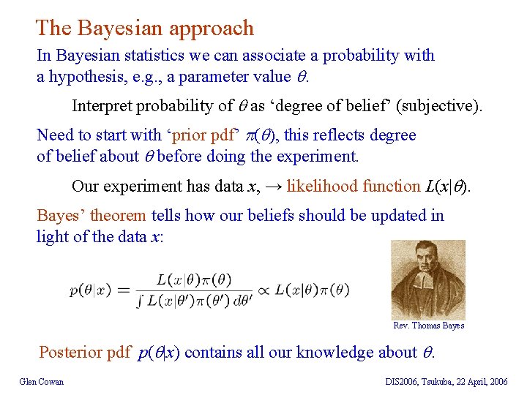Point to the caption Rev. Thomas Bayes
pos(428,326)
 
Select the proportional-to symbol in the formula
pos(263,290)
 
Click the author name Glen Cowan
pos(42,381)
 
